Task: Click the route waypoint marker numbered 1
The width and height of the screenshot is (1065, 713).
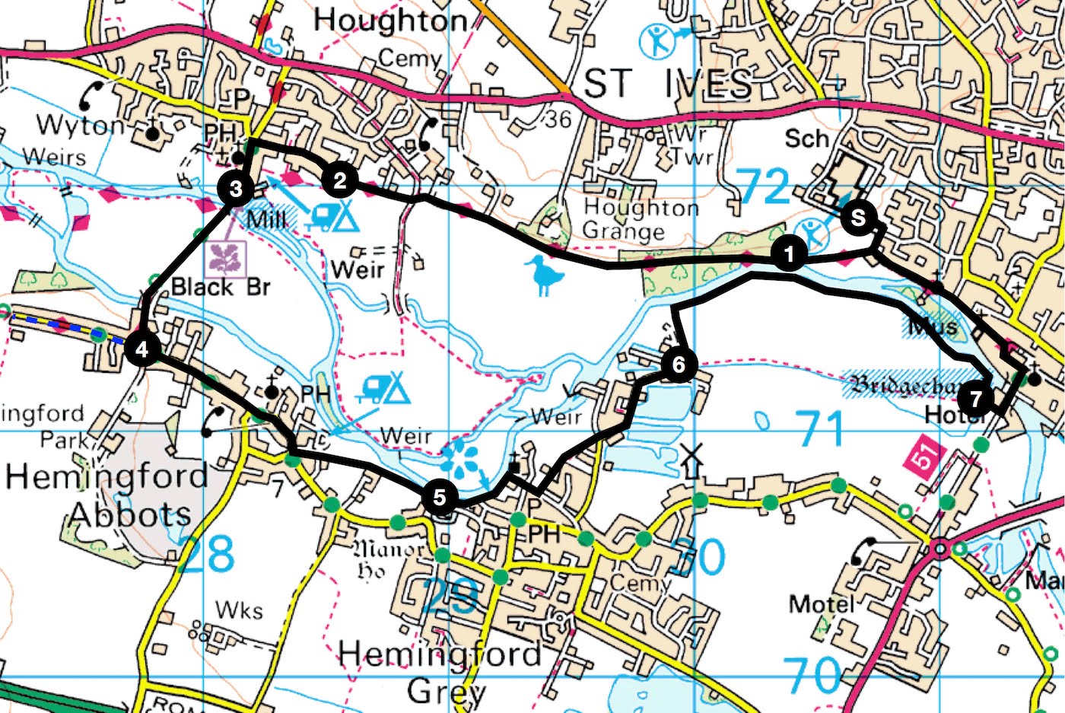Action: [x=790, y=254]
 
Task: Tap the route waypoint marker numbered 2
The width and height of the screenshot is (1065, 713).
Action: [x=339, y=180]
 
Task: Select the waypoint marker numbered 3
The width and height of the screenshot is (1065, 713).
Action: [x=236, y=188]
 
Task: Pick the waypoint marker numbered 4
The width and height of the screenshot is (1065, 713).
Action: [x=142, y=349]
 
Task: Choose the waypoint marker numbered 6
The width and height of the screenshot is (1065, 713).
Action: [x=678, y=364]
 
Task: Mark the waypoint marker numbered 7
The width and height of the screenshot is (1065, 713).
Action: [x=976, y=397]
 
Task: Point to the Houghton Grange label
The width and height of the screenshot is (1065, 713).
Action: [x=641, y=219]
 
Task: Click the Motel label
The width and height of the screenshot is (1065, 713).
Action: [x=822, y=604]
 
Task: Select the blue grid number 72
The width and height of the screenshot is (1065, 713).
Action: [x=765, y=186]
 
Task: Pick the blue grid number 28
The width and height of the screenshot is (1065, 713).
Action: [x=207, y=555]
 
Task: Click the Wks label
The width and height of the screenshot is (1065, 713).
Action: [x=239, y=610]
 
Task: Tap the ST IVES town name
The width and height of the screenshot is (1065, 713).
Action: [x=667, y=84]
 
